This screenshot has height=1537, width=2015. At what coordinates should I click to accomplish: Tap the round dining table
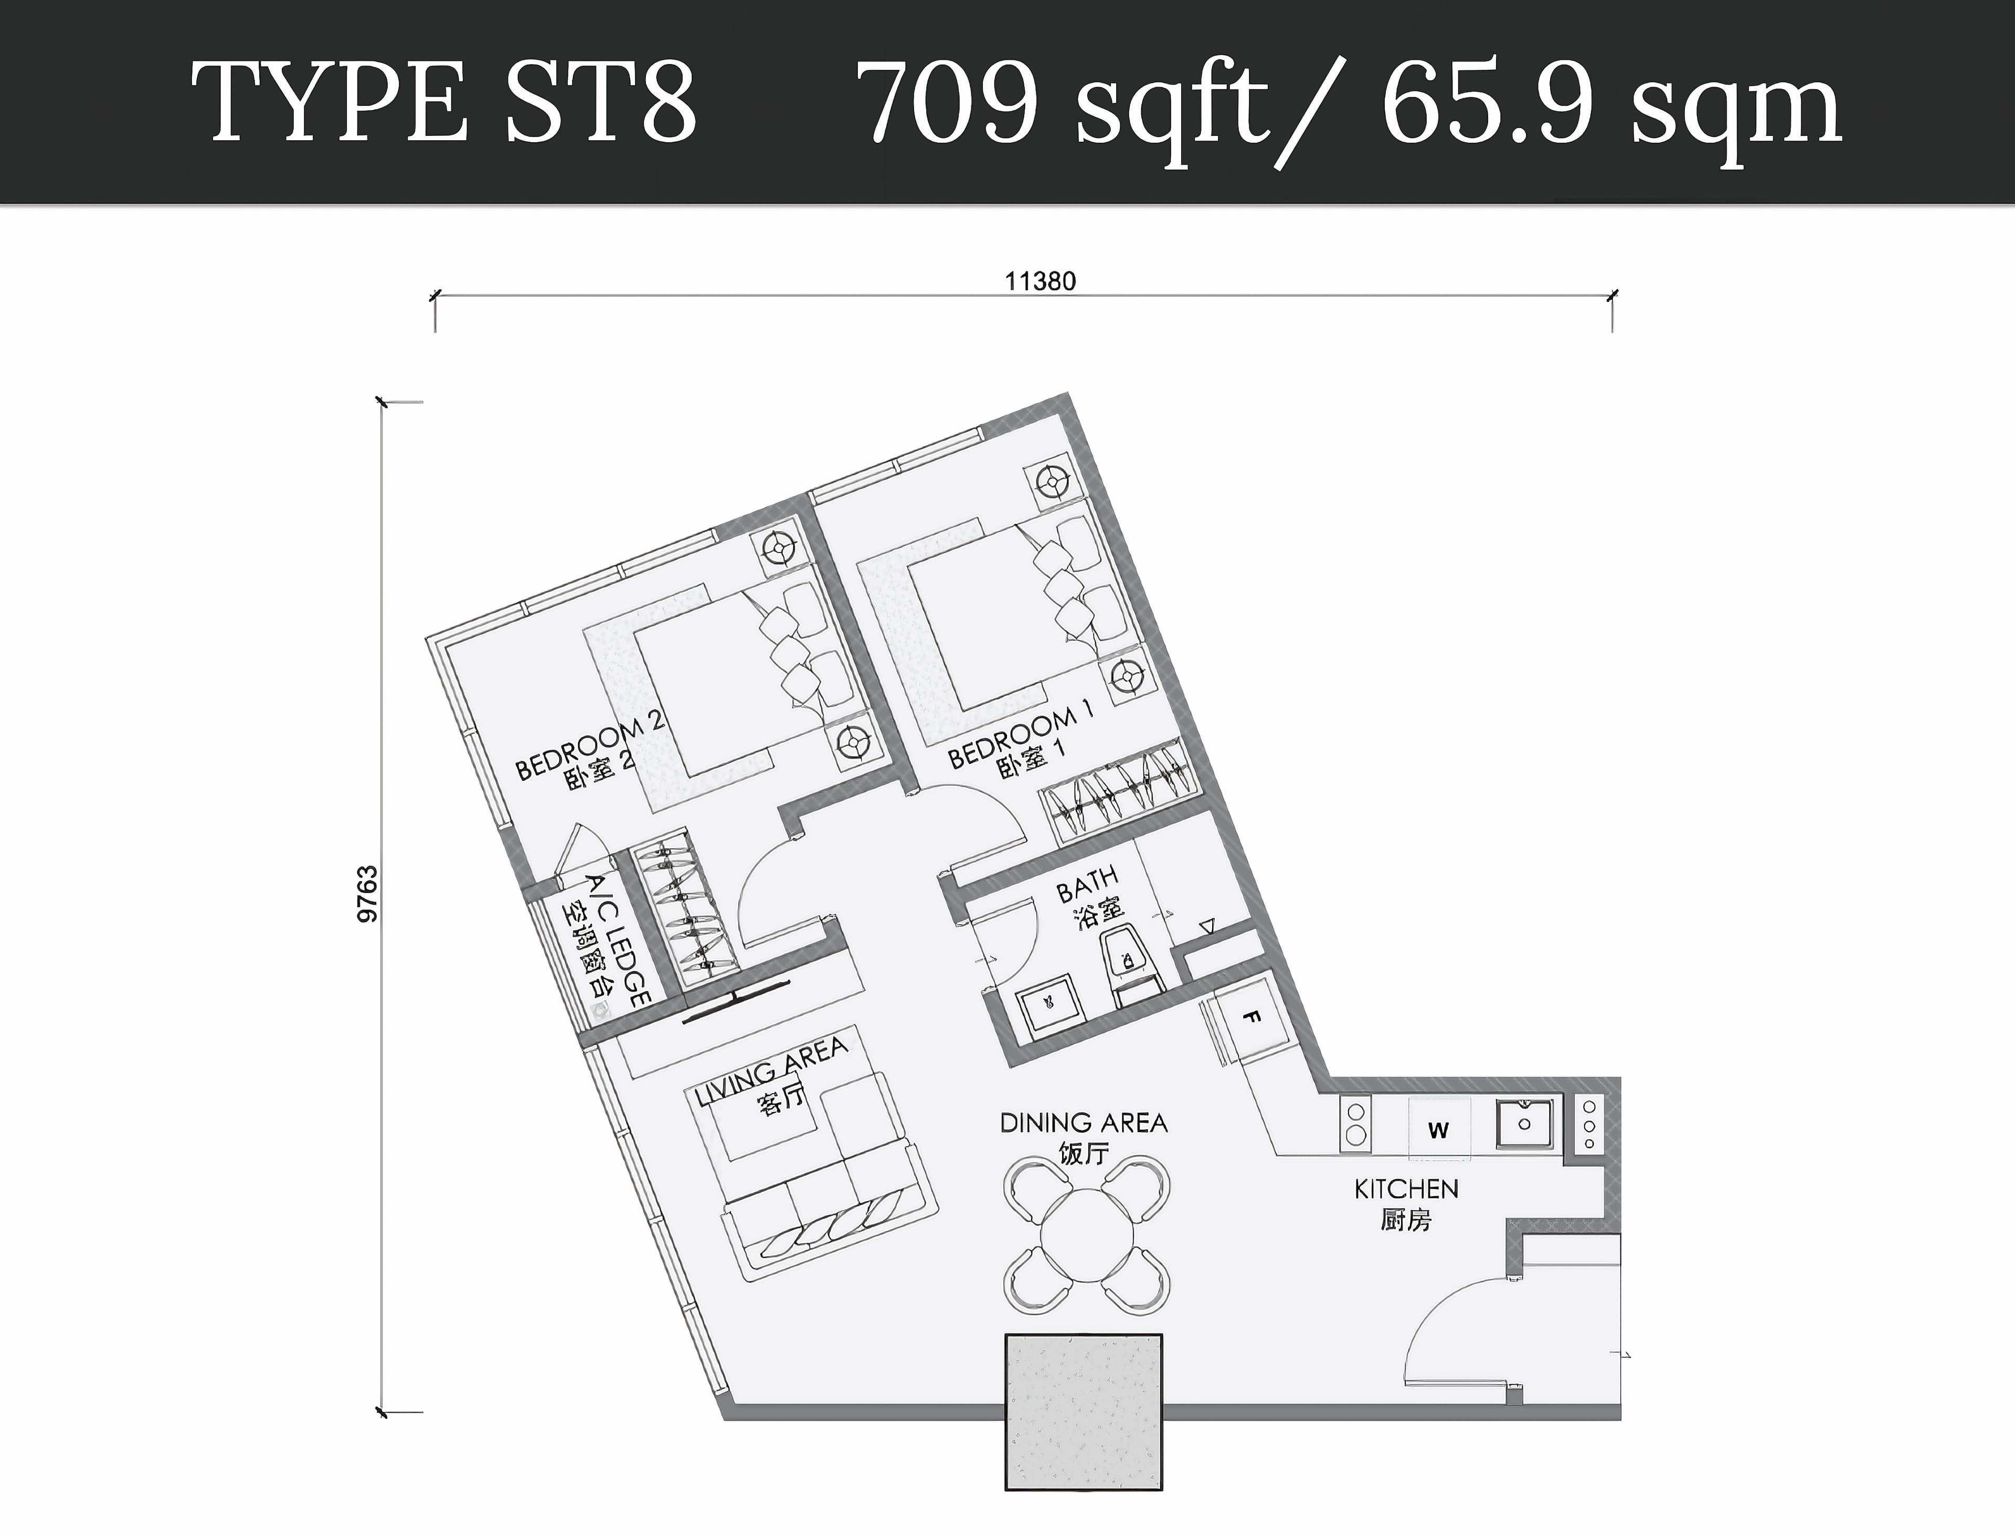(x=1087, y=1235)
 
